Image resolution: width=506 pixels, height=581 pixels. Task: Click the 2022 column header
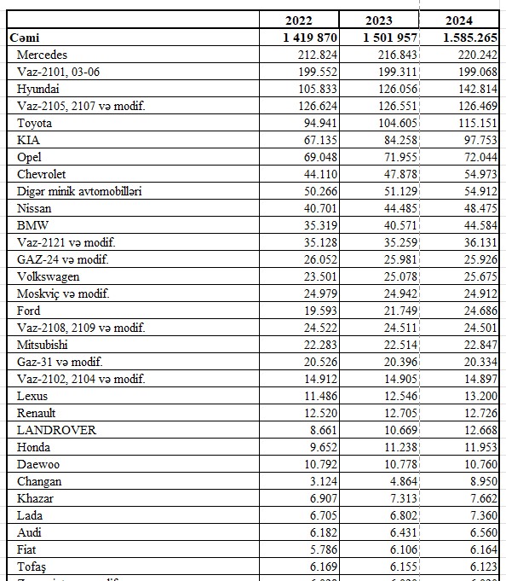(299, 20)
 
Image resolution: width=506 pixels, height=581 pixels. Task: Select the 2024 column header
(458, 20)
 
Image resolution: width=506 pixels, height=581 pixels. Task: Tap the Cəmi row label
(25, 38)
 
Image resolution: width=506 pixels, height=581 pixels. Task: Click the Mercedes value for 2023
(397, 55)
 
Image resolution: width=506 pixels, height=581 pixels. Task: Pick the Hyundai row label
(37, 89)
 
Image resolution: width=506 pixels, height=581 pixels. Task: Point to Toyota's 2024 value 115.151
(478, 123)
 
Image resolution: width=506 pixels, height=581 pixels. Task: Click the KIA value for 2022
(320, 140)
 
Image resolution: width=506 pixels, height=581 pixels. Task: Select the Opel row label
(29, 157)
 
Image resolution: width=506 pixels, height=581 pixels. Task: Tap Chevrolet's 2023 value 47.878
(400, 174)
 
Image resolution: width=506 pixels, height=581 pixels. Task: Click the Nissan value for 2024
(480, 208)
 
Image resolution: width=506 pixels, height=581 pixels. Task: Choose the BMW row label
(32, 225)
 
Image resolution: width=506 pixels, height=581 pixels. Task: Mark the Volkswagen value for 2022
(320, 276)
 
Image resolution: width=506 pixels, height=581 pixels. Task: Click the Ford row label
(28, 311)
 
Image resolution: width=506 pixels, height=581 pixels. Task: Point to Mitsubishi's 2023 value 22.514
(400, 345)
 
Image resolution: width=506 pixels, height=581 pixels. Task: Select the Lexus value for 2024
(480, 396)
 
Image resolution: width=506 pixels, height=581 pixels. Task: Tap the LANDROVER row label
(56, 430)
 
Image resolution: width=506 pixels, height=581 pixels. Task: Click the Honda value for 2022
(324, 447)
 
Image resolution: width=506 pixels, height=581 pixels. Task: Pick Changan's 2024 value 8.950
(484, 481)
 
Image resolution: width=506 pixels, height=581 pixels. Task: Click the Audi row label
(29, 532)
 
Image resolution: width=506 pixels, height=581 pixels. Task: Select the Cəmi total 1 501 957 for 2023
(390, 38)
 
